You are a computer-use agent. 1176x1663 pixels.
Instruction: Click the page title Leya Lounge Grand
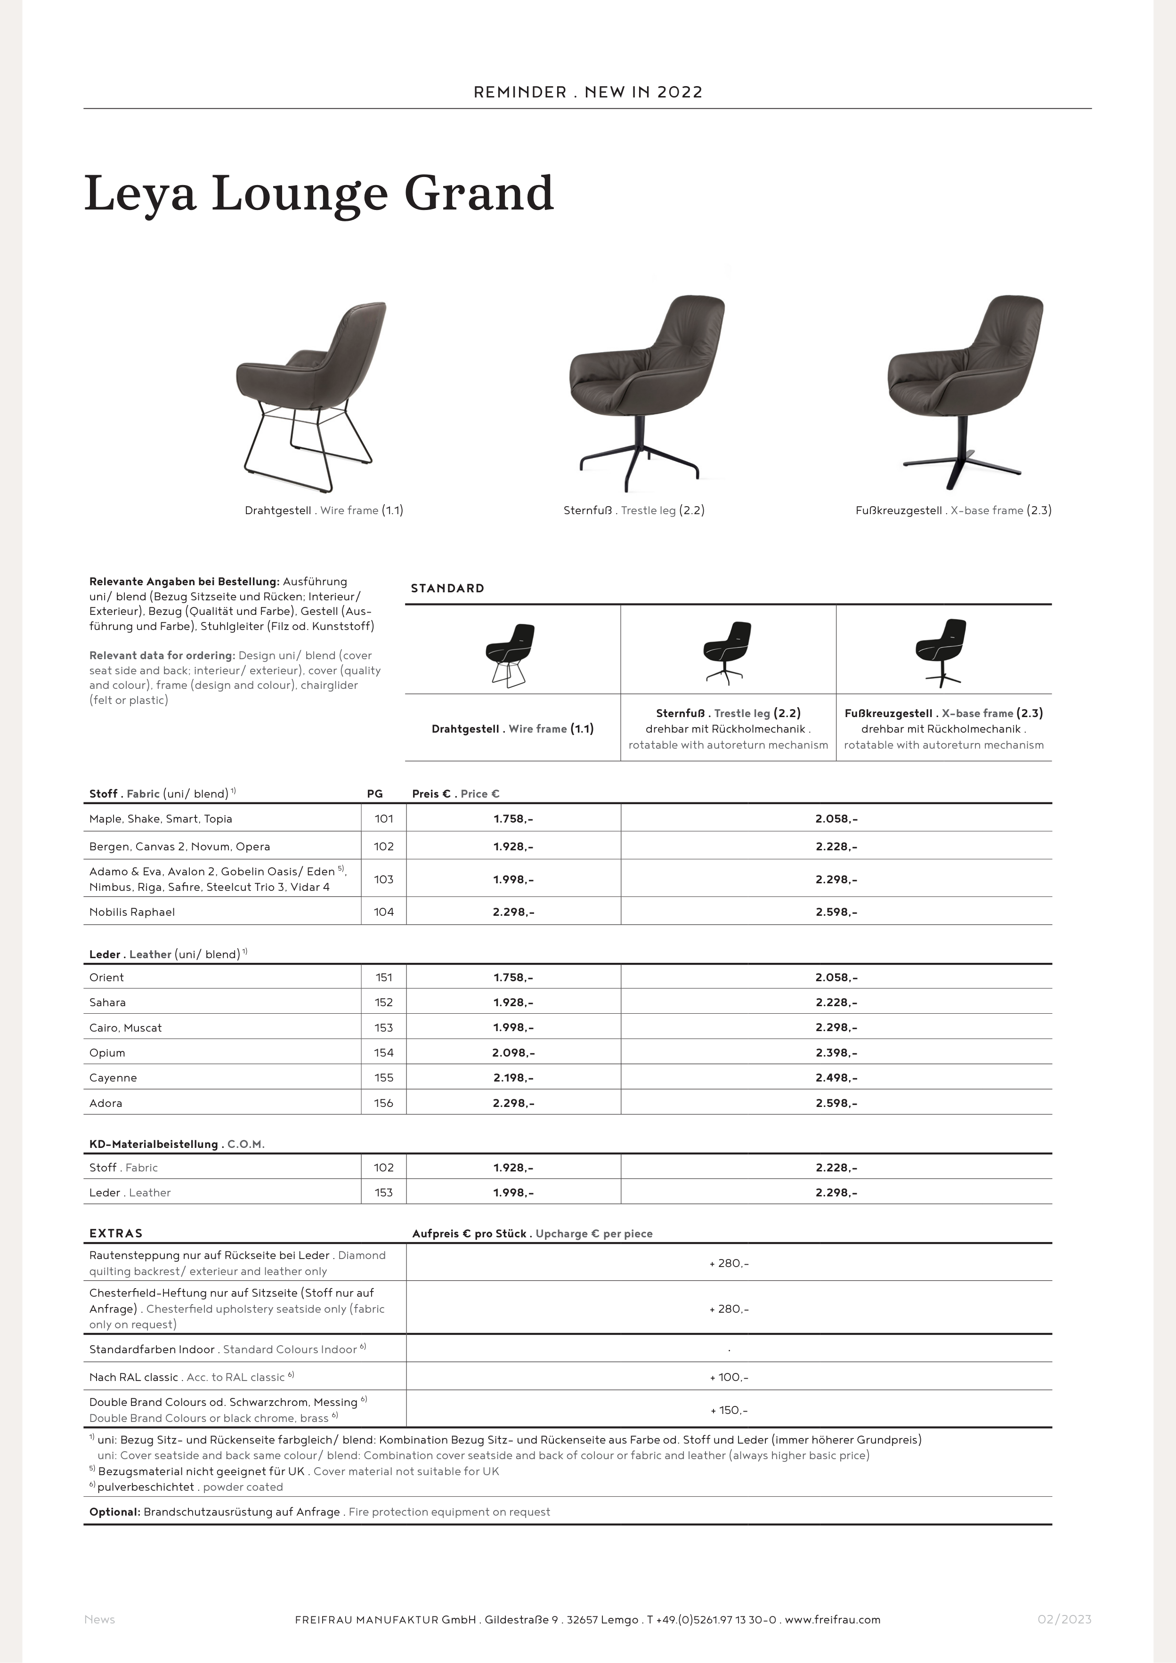tap(319, 194)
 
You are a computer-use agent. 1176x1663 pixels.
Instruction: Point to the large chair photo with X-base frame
tap(964, 391)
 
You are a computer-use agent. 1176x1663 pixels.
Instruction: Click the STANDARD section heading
tap(447, 588)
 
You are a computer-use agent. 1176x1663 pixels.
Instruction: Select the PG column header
tap(374, 794)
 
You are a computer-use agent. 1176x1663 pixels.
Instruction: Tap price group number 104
tap(384, 912)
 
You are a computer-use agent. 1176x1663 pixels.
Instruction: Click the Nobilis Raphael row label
tap(132, 912)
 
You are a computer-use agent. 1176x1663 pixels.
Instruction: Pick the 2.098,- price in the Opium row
tap(513, 1052)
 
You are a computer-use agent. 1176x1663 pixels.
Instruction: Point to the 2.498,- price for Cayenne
tap(836, 1078)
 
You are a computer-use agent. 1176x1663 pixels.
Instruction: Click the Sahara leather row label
tap(107, 1002)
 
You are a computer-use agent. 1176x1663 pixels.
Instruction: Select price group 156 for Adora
tap(384, 1103)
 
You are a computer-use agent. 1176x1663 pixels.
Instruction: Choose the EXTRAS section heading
tap(116, 1234)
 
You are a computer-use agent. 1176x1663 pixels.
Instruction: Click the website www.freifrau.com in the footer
tap(833, 1620)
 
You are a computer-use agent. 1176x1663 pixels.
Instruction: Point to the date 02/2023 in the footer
tap(1064, 1620)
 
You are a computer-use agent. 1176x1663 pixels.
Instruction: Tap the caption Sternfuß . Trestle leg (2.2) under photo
tap(634, 511)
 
